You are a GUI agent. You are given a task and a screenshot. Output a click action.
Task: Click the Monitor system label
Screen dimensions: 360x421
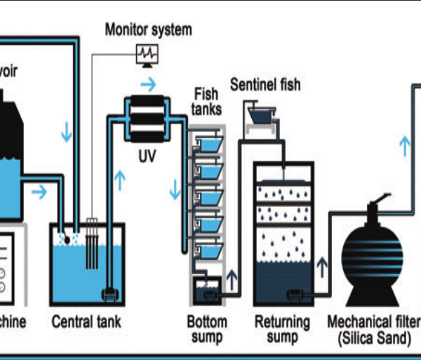pos(148,29)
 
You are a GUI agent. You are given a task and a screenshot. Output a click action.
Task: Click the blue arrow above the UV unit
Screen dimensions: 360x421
pos(148,86)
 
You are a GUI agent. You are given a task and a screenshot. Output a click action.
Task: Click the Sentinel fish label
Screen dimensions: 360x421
pos(265,86)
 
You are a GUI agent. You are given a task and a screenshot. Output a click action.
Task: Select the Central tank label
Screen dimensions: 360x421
pos(86,323)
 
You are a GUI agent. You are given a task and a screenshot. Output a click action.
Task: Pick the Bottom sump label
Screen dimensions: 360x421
pos(207,329)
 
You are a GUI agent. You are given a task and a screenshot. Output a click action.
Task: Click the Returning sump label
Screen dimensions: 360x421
pos(282,329)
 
